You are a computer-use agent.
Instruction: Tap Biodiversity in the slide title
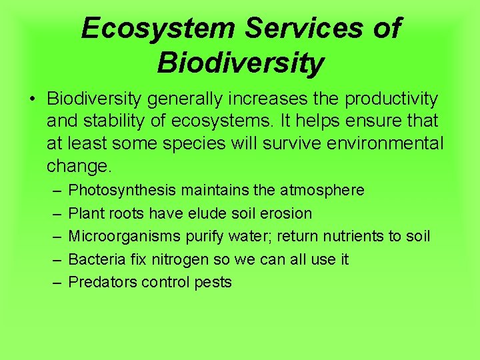click(x=240, y=63)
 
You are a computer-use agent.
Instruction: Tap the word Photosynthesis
click(x=122, y=191)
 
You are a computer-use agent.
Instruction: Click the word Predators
click(x=101, y=282)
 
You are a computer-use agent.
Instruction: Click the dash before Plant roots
click(x=53, y=213)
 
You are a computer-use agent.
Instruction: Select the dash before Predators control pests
click(x=53, y=282)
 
